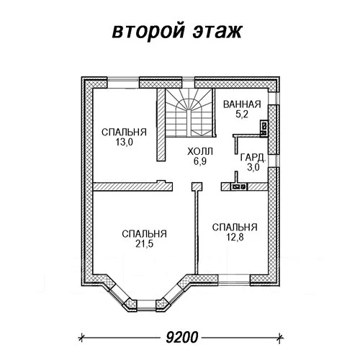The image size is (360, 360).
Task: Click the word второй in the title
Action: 148,31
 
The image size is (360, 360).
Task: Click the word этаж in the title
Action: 217,31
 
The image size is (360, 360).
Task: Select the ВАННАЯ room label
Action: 242,104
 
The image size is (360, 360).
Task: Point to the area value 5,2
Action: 242,114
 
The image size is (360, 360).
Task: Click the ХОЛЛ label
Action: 200,152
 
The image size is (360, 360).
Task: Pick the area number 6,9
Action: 200,161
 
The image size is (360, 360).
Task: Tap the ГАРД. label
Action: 253,158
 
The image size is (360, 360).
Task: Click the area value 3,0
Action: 253,167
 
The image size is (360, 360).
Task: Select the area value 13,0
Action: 124,142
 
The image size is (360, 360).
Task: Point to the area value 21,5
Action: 144,244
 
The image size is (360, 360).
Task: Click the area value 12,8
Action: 235,237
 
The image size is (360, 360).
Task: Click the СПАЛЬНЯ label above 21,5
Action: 144,234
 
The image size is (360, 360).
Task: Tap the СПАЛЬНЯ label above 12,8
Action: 235,228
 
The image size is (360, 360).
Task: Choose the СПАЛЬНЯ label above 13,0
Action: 124,132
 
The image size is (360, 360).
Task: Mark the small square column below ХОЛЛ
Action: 197,186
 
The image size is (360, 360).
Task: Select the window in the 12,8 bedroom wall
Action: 234,280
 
